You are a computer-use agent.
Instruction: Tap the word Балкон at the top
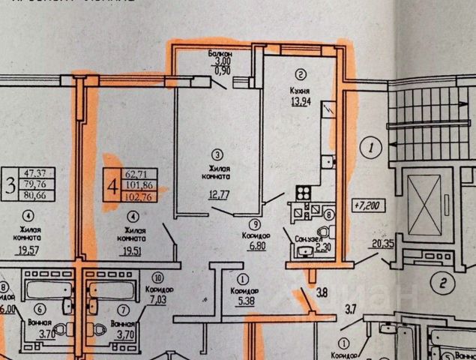tap(221, 55)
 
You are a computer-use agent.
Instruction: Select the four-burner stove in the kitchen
tap(304, 192)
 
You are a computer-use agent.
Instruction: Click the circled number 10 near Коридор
tap(159, 277)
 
